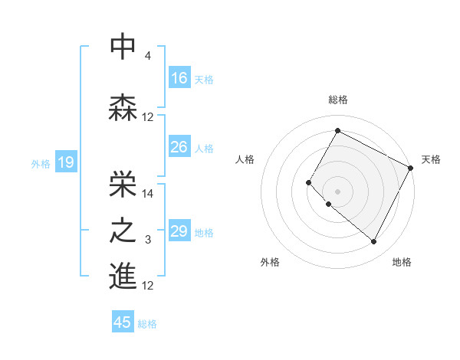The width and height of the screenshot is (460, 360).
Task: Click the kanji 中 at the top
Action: click(x=123, y=47)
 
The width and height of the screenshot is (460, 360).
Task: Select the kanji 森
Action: click(x=123, y=106)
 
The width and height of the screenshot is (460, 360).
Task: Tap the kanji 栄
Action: click(x=123, y=181)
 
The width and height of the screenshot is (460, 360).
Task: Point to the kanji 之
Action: click(x=123, y=230)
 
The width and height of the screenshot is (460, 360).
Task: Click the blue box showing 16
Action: click(x=179, y=78)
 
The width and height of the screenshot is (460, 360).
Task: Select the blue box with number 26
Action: click(x=179, y=147)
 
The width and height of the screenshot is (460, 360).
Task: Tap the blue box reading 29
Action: click(x=179, y=231)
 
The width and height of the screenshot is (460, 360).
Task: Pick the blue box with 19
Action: click(x=66, y=162)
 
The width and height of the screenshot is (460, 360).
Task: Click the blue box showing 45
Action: click(x=123, y=322)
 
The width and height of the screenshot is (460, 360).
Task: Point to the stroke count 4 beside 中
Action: click(x=148, y=56)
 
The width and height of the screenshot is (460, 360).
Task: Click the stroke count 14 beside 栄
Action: click(x=148, y=194)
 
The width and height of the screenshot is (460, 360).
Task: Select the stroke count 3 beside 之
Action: click(x=148, y=241)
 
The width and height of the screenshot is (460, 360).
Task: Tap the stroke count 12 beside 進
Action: click(x=148, y=286)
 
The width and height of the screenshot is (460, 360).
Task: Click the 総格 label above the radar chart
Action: click(x=337, y=100)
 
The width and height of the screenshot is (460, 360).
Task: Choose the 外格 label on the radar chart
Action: click(x=270, y=263)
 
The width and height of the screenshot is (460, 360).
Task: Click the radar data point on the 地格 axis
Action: click(x=374, y=242)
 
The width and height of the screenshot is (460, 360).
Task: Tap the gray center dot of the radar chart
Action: click(x=337, y=191)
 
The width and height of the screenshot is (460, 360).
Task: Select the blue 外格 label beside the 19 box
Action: click(x=41, y=163)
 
